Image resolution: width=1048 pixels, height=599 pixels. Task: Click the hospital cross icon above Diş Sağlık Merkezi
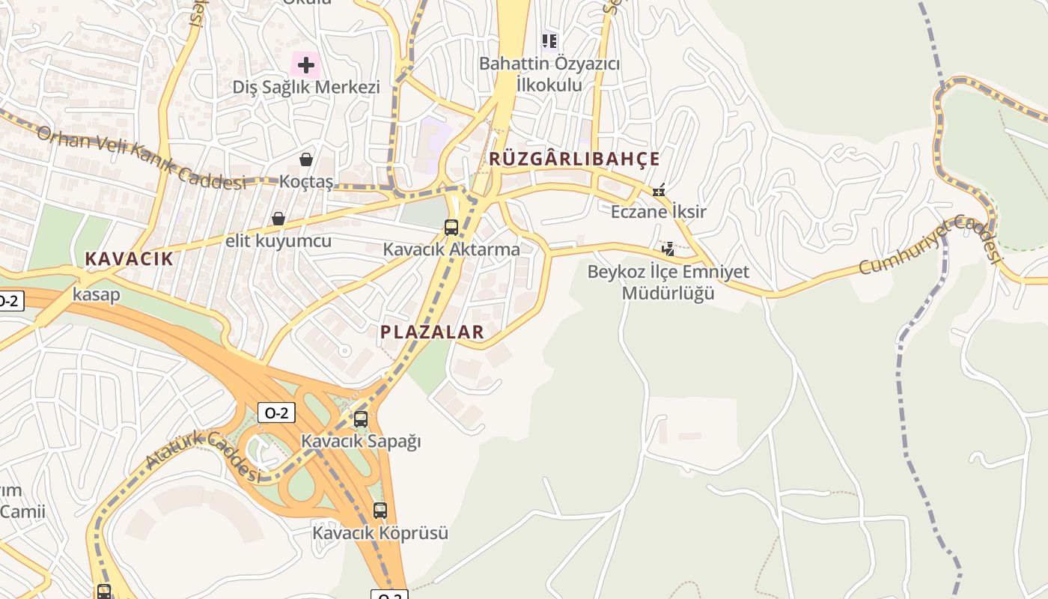coord(305,65)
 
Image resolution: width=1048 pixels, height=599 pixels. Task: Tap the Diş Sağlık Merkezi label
coord(306,87)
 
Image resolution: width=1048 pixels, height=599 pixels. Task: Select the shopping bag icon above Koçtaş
coord(306,159)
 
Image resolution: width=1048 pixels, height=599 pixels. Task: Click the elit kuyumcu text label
coord(278,241)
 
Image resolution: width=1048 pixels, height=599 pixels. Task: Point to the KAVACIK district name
coord(129,259)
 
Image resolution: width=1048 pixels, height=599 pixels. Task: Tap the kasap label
coord(96,294)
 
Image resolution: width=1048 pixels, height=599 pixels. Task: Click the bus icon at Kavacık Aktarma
coord(451,228)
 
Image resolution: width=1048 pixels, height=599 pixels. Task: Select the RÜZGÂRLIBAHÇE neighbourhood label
coord(574,159)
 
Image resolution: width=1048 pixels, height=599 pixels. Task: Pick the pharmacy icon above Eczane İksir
coord(659,190)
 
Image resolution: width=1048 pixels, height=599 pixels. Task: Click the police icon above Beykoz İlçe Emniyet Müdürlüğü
coord(668,249)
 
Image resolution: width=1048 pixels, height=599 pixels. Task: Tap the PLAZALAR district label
coord(432,332)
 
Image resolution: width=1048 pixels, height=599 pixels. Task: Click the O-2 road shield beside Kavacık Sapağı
coord(276,412)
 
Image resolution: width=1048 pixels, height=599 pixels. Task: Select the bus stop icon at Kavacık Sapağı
coord(361,419)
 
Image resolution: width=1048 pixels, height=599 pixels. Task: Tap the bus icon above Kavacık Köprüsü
coord(380,511)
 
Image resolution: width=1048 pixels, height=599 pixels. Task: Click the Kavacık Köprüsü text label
coord(380,533)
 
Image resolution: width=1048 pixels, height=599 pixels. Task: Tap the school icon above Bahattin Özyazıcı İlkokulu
coord(550,41)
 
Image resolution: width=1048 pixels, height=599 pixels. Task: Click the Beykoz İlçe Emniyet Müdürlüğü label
coord(668,282)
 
